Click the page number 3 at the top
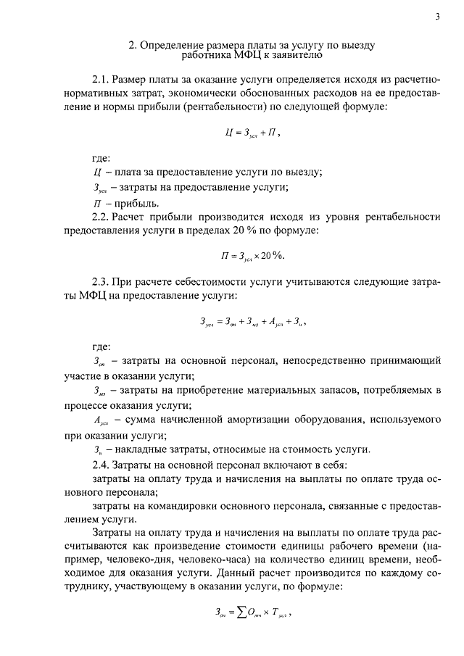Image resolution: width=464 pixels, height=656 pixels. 438,17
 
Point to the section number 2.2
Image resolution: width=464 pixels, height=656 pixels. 101,217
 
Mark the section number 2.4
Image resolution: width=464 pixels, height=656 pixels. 101,463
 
